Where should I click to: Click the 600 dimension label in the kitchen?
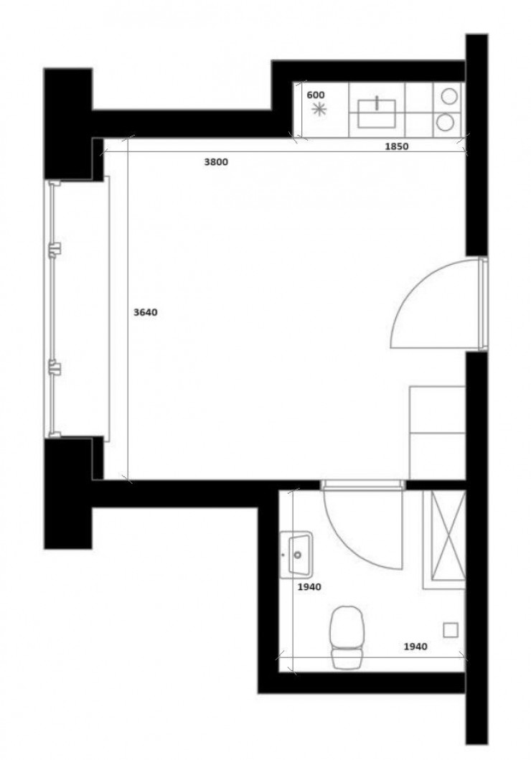(316, 95)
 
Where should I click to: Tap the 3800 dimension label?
(215, 162)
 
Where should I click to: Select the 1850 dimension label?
(396, 147)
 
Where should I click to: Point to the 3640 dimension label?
(145, 312)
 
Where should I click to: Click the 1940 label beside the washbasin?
(309, 586)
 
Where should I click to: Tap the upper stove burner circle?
(449, 95)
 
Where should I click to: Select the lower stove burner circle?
(446, 122)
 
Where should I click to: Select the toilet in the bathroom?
(347, 636)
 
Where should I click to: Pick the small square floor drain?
(451, 629)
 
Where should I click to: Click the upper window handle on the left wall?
(55, 248)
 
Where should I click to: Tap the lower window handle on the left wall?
(55, 367)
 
